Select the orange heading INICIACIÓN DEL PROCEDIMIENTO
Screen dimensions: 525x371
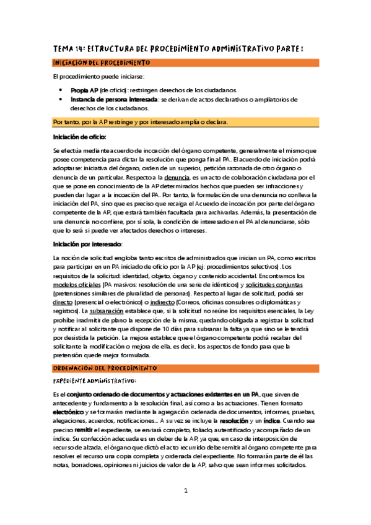pos(100,63)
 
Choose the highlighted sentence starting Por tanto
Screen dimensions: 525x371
pos(141,122)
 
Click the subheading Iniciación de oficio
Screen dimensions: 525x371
pos(80,136)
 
